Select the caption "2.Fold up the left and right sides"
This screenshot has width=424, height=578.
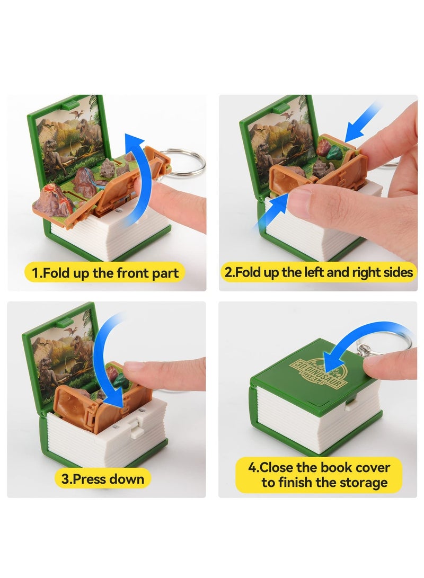[x=319, y=273]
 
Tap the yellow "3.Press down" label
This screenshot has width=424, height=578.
[x=103, y=479]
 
